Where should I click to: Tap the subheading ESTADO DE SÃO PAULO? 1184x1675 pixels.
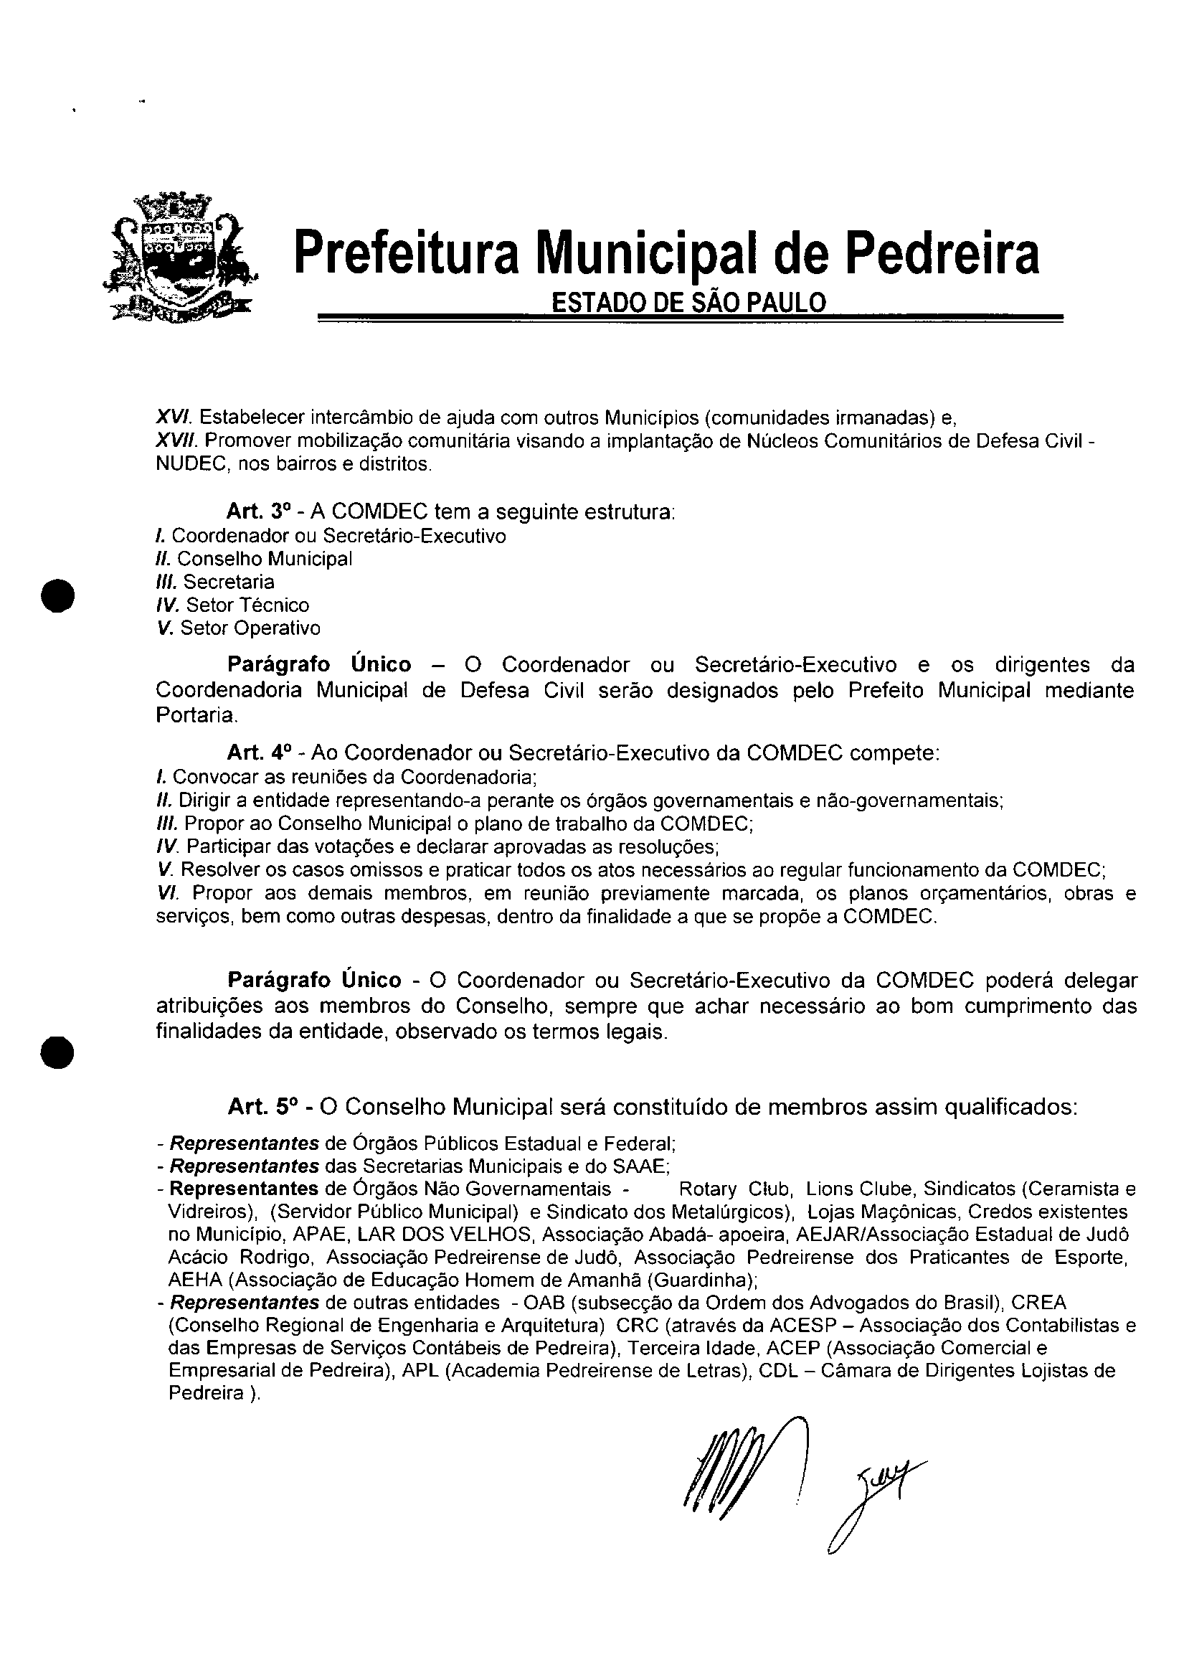[688, 302]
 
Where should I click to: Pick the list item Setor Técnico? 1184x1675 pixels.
[247, 605]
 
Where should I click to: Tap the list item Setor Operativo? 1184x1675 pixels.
[250, 628]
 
